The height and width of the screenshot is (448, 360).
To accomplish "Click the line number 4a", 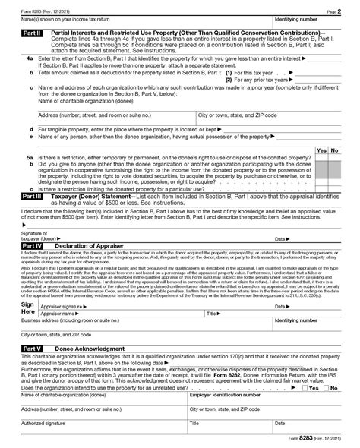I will [29, 58].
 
